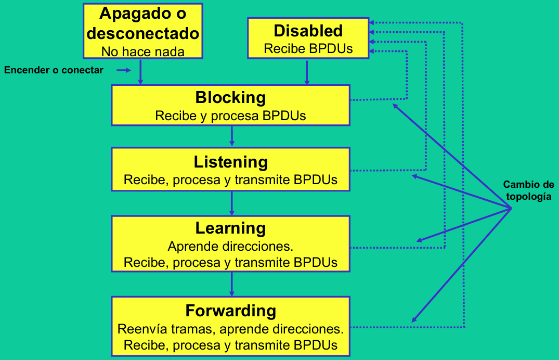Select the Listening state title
click(231, 162)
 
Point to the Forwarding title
click(231, 311)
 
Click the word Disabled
click(308, 31)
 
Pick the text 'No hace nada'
click(143, 52)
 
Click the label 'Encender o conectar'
click(54, 70)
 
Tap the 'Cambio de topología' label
click(529, 190)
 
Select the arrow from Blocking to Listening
click(232, 136)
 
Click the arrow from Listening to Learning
click(232, 203)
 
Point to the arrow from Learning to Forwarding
click(232, 284)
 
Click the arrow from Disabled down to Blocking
click(307, 72)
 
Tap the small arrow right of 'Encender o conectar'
click(124, 70)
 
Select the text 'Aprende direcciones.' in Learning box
click(230, 246)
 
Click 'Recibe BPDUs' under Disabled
click(308, 48)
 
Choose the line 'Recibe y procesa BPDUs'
click(230, 116)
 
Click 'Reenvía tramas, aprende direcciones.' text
click(230, 329)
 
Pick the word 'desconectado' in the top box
click(143, 33)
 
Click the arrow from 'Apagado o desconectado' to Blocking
click(140, 72)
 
